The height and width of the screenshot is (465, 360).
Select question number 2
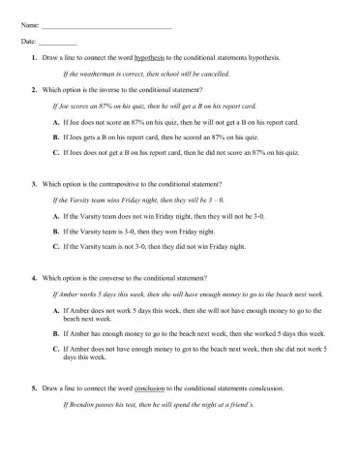tap(34, 89)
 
